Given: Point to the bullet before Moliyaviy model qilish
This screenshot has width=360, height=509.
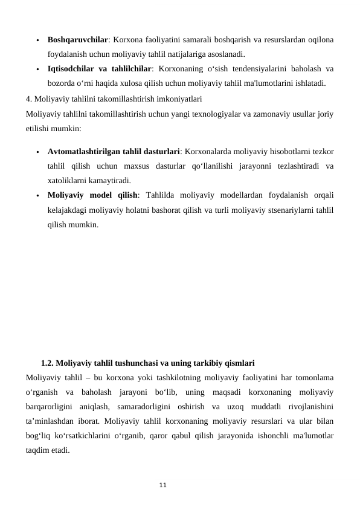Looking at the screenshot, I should tap(37, 196).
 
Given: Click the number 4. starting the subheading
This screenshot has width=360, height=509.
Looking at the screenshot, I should tap(30, 98).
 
